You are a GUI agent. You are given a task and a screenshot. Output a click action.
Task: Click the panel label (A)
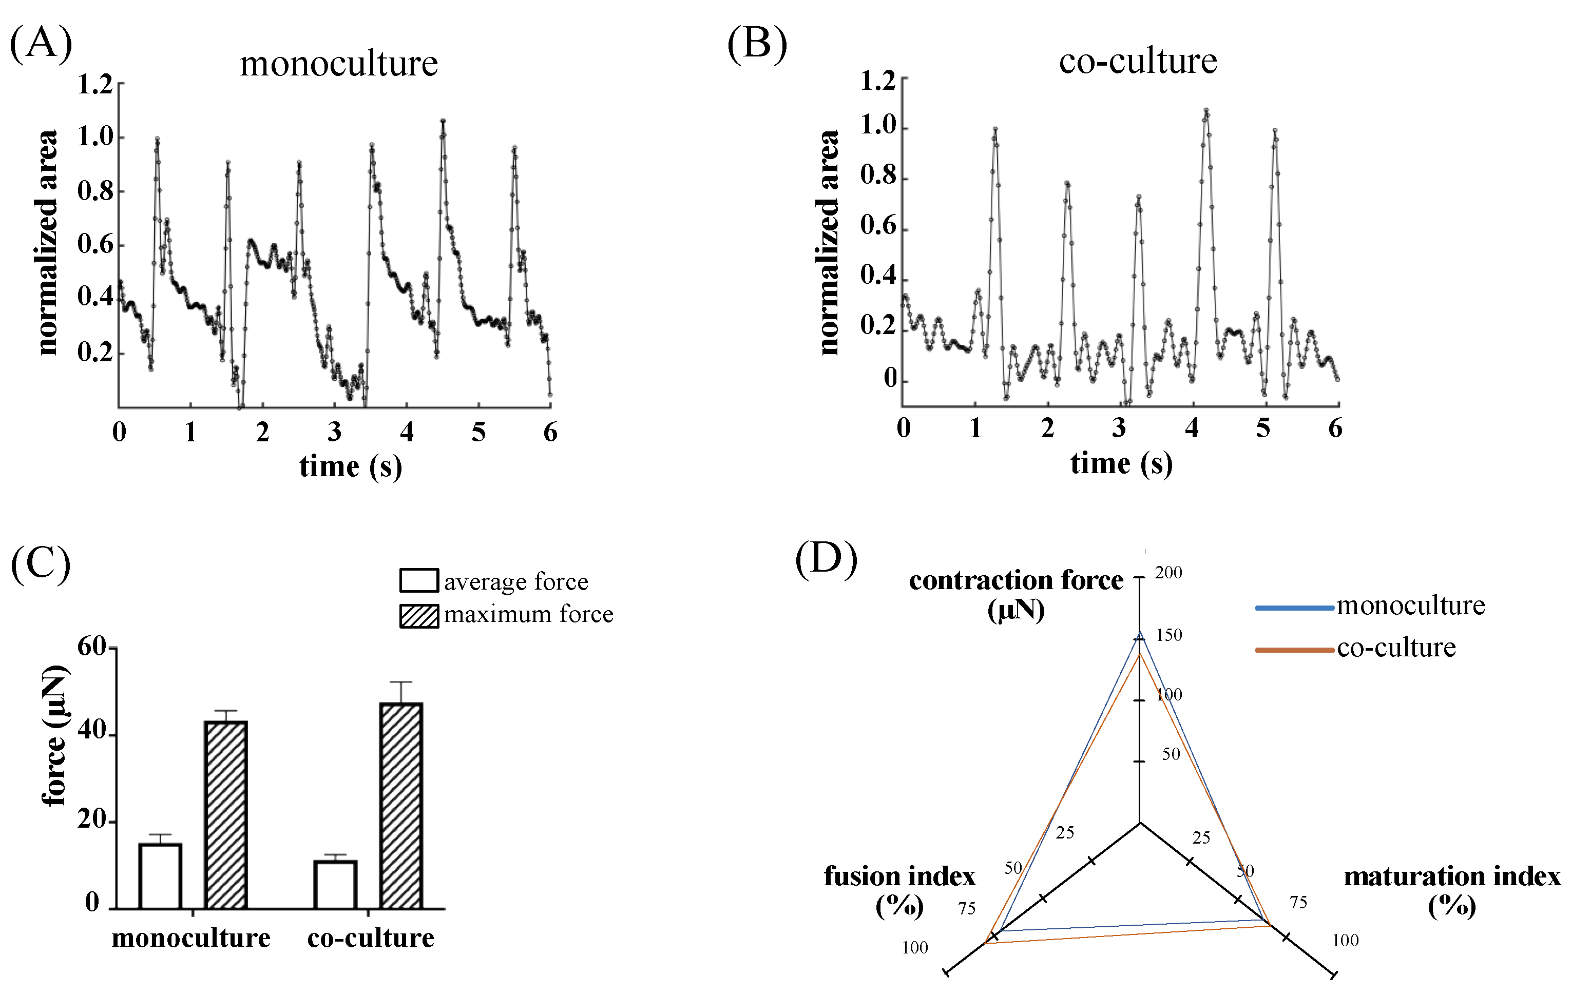pos(41,44)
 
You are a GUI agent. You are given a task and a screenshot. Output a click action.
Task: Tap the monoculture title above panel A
pos(339,64)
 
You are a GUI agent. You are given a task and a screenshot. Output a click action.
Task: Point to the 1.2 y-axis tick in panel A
pos(95,85)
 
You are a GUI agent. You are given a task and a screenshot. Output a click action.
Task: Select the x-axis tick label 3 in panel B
pos(1119,428)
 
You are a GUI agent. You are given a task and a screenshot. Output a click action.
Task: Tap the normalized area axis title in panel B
pos(829,243)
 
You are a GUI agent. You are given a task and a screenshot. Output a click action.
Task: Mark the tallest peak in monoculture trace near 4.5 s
pos(443,121)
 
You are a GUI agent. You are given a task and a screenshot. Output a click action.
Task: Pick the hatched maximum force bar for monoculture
pos(226,814)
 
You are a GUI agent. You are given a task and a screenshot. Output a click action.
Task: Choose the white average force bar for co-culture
pos(335,884)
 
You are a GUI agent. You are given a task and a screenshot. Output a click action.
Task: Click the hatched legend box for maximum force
pos(419,615)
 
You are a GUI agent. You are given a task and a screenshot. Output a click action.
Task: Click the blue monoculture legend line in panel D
pos(1294,608)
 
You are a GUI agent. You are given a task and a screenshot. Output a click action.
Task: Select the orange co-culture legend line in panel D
pos(1294,650)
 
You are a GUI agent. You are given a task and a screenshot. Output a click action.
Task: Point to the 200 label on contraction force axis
pos(1168,573)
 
